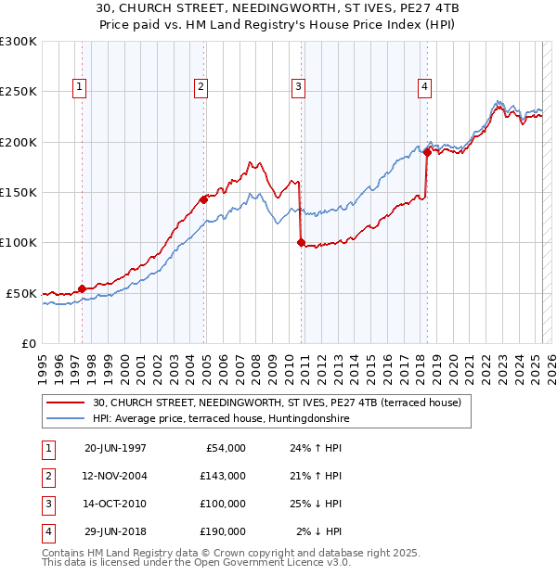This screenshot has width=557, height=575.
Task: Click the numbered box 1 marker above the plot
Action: click(79, 88)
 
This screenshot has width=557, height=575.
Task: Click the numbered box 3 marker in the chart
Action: click(298, 88)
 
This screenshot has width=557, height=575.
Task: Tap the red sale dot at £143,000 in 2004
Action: click(203, 198)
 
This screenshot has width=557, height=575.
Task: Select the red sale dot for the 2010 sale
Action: click(301, 242)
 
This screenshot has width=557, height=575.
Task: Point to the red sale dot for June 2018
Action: click(427, 152)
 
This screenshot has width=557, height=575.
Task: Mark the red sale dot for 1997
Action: click(83, 288)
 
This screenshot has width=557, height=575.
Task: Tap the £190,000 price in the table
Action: click(223, 531)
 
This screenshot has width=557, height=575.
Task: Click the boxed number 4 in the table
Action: click(47, 531)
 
